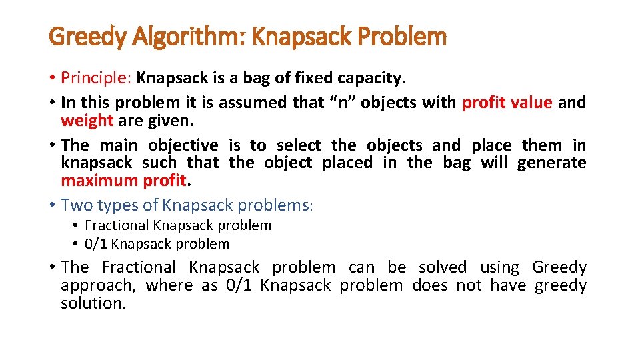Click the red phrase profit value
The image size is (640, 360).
(x=507, y=103)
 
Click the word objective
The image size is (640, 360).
(x=183, y=145)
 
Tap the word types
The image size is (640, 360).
(x=117, y=205)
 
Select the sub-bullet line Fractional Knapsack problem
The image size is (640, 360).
(x=178, y=225)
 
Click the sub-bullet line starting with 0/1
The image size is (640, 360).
(x=157, y=244)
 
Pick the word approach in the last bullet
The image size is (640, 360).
(x=96, y=286)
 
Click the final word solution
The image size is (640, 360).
(x=93, y=303)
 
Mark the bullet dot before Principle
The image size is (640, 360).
(x=52, y=78)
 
